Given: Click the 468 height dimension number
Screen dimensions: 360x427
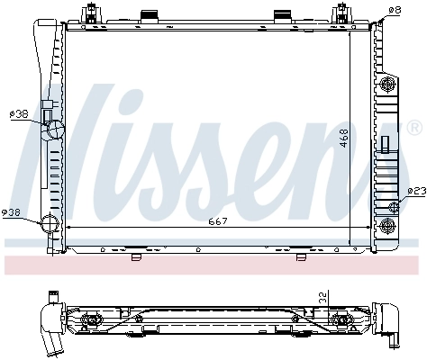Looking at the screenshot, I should [x=343, y=138].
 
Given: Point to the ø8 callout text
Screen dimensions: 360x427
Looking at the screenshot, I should [x=394, y=10].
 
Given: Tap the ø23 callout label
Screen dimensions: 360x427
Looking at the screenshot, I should [x=415, y=191].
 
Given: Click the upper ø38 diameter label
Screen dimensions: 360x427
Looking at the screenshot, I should [x=18, y=115].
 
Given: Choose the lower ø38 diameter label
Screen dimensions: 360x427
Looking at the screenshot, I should [x=12, y=212].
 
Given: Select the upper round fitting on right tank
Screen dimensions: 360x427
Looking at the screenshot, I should [x=389, y=85].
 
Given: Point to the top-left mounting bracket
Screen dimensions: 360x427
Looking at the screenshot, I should [x=90, y=15].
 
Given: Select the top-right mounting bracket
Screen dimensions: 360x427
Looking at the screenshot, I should [x=342, y=15].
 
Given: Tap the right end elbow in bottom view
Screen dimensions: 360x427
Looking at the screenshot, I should [x=393, y=324].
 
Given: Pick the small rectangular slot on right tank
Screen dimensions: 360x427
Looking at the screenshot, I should [x=385, y=144].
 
